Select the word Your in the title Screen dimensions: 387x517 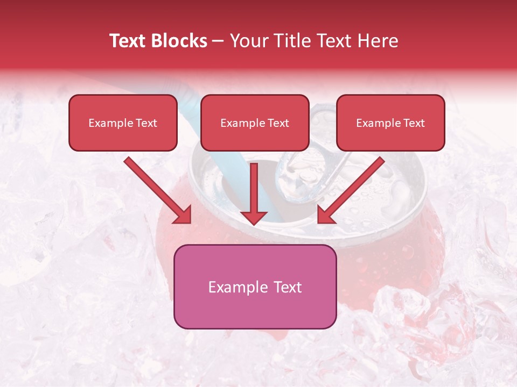(x=248, y=41)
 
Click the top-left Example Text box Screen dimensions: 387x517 (x=123, y=123)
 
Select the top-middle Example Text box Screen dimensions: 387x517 (x=255, y=123)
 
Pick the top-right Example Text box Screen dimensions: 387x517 (x=390, y=123)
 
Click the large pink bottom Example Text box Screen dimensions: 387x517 (x=255, y=286)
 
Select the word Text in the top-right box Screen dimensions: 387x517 (x=414, y=123)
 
